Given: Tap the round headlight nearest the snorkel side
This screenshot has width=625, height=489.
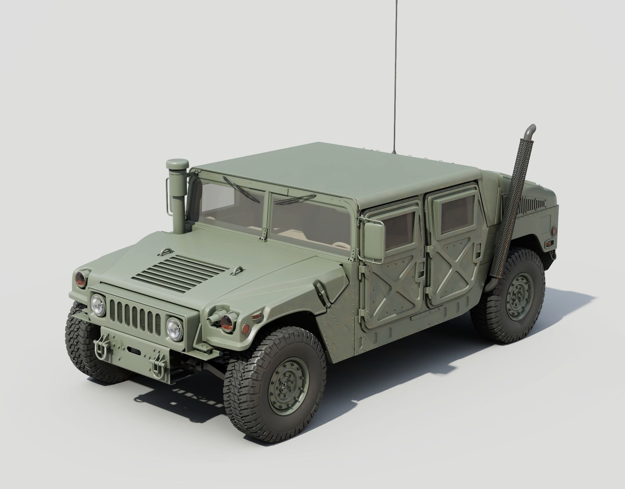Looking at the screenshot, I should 98,305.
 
